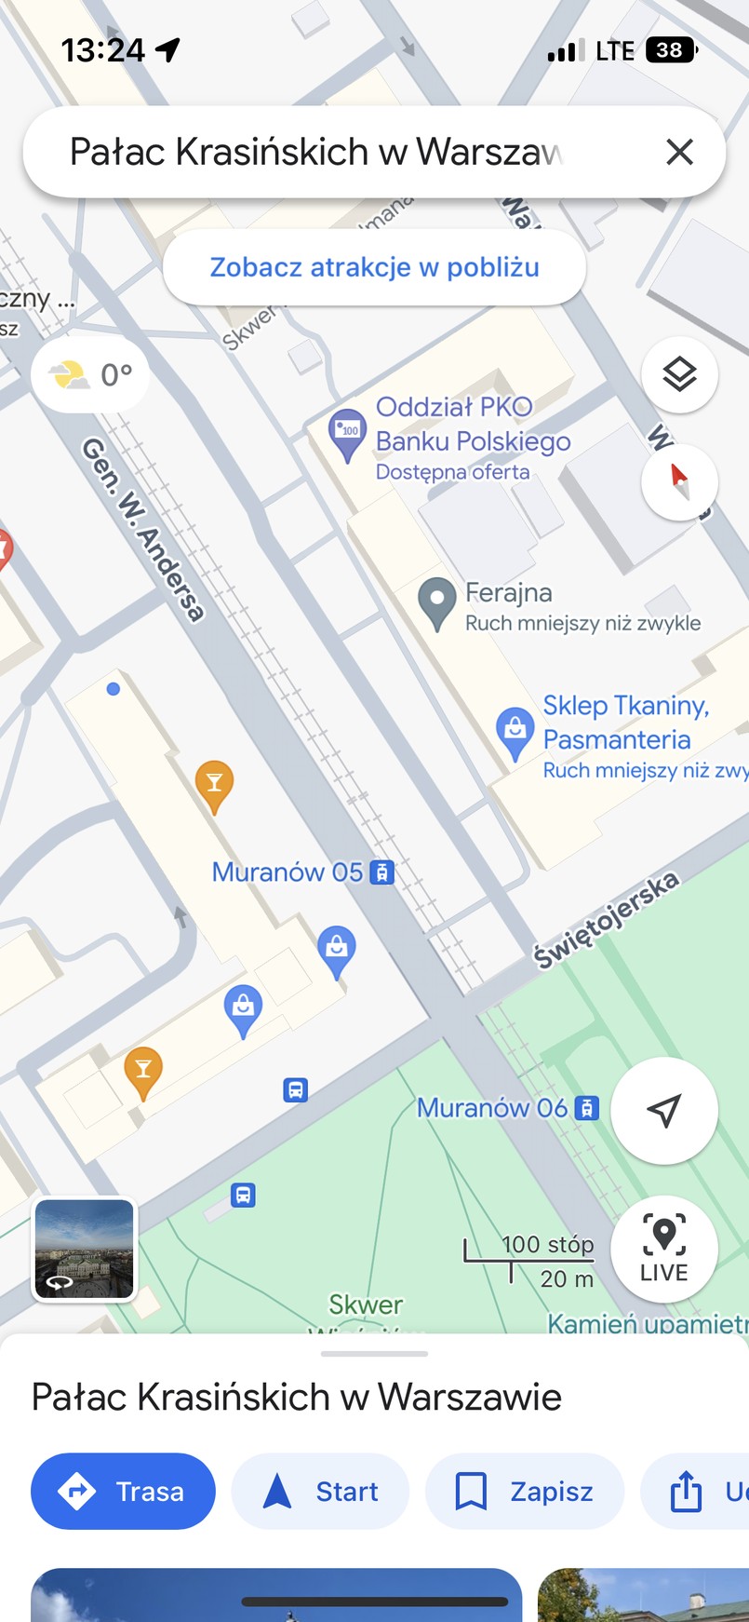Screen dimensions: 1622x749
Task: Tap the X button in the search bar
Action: click(x=680, y=152)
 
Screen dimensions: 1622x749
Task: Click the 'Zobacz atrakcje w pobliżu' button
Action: click(x=374, y=267)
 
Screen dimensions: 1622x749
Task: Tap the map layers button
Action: click(x=679, y=374)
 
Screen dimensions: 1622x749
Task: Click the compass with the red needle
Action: click(x=679, y=481)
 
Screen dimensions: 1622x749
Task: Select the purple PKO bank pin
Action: click(x=348, y=433)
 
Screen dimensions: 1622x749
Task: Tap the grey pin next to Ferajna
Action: click(x=436, y=601)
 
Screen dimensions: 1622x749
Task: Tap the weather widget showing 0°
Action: click(x=91, y=374)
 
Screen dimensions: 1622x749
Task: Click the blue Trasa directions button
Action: click(x=123, y=1491)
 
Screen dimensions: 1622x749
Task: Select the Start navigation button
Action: click(x=320, y=1491)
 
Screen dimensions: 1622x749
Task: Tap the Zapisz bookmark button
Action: click(x=524, y=1491)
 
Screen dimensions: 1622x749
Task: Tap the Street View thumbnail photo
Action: click(x=85, y=1249)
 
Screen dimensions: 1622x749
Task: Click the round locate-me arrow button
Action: click(x=663, y=1110)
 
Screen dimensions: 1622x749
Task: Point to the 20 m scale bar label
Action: click(x=567, y=1279)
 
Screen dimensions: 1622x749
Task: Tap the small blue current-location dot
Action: click(x=114, y=689)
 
